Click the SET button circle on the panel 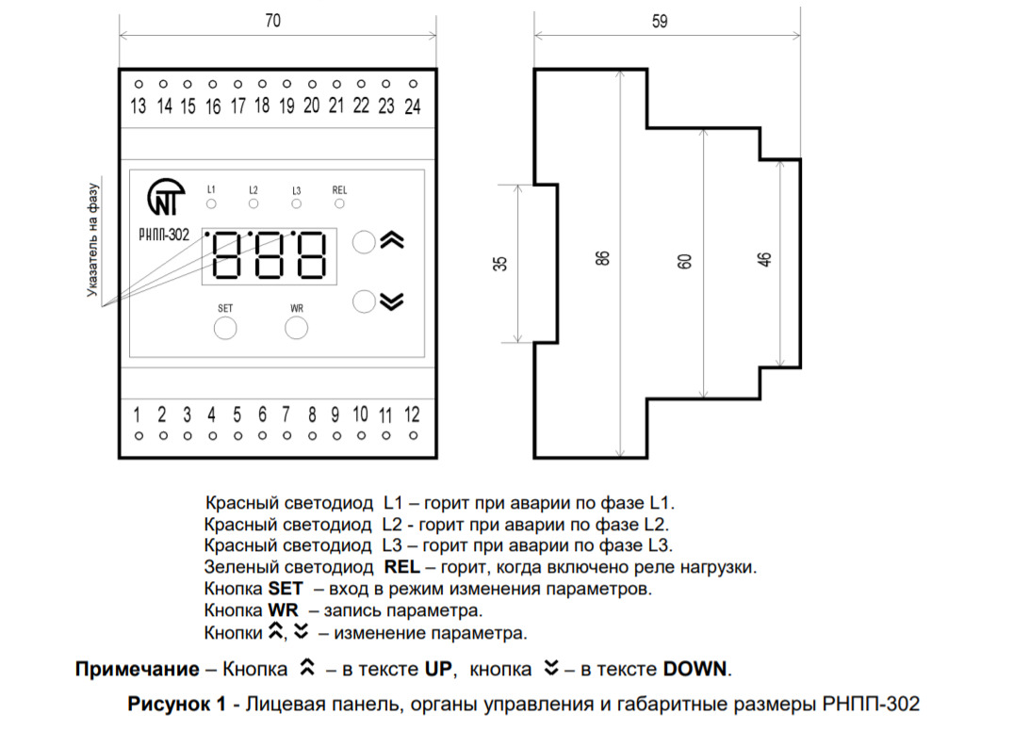click(225, 328)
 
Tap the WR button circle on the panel click(297, 328)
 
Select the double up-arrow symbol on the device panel click(392, 241)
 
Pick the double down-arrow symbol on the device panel click(392, 301)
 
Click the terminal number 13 click(139, 106)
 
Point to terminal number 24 click(412, 106)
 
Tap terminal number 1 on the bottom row click(138, 414)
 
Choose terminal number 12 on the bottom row click(411, 414)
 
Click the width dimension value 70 click(272, 23)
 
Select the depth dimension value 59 click(660, 23)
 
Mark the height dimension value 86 click(603, 257)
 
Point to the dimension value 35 click(500, 264)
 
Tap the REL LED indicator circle click(339, 203)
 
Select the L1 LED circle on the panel click(211, 203)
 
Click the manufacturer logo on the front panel click(166, 198)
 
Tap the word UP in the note click(438, 670)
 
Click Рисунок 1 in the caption click(177, 704)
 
